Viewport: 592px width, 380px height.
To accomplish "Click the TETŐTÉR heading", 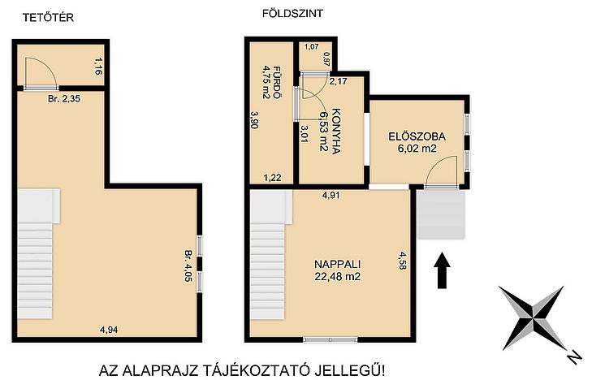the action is [x=48, y=18].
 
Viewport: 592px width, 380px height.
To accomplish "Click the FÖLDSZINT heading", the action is [x=292, y=14].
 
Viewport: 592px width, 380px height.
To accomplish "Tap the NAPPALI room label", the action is [x=338, y=264].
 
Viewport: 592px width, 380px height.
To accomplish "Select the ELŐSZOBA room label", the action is [x=417, y=136].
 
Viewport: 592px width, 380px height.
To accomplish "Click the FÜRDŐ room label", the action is [x=277, y=82].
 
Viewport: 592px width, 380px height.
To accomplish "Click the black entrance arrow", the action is [x=442, y=271].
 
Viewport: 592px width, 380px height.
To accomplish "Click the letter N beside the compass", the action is [x=574, y=357].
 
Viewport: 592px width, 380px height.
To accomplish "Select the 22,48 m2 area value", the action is [x=338, y=277].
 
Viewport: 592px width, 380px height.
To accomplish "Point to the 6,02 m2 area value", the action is [x=417, y=149].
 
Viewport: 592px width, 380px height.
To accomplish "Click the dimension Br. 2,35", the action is [x=64, y=99].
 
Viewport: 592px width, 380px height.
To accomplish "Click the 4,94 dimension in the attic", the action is [x=109, y=330].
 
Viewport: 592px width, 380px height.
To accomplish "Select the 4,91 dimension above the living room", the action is [x=331, y=195].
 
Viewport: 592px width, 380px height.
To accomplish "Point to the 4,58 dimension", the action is [x=402, y=261].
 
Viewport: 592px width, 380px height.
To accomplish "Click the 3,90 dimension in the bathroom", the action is [x=254, y=119].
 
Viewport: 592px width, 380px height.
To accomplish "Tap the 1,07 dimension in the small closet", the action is [x=312, y=47].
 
